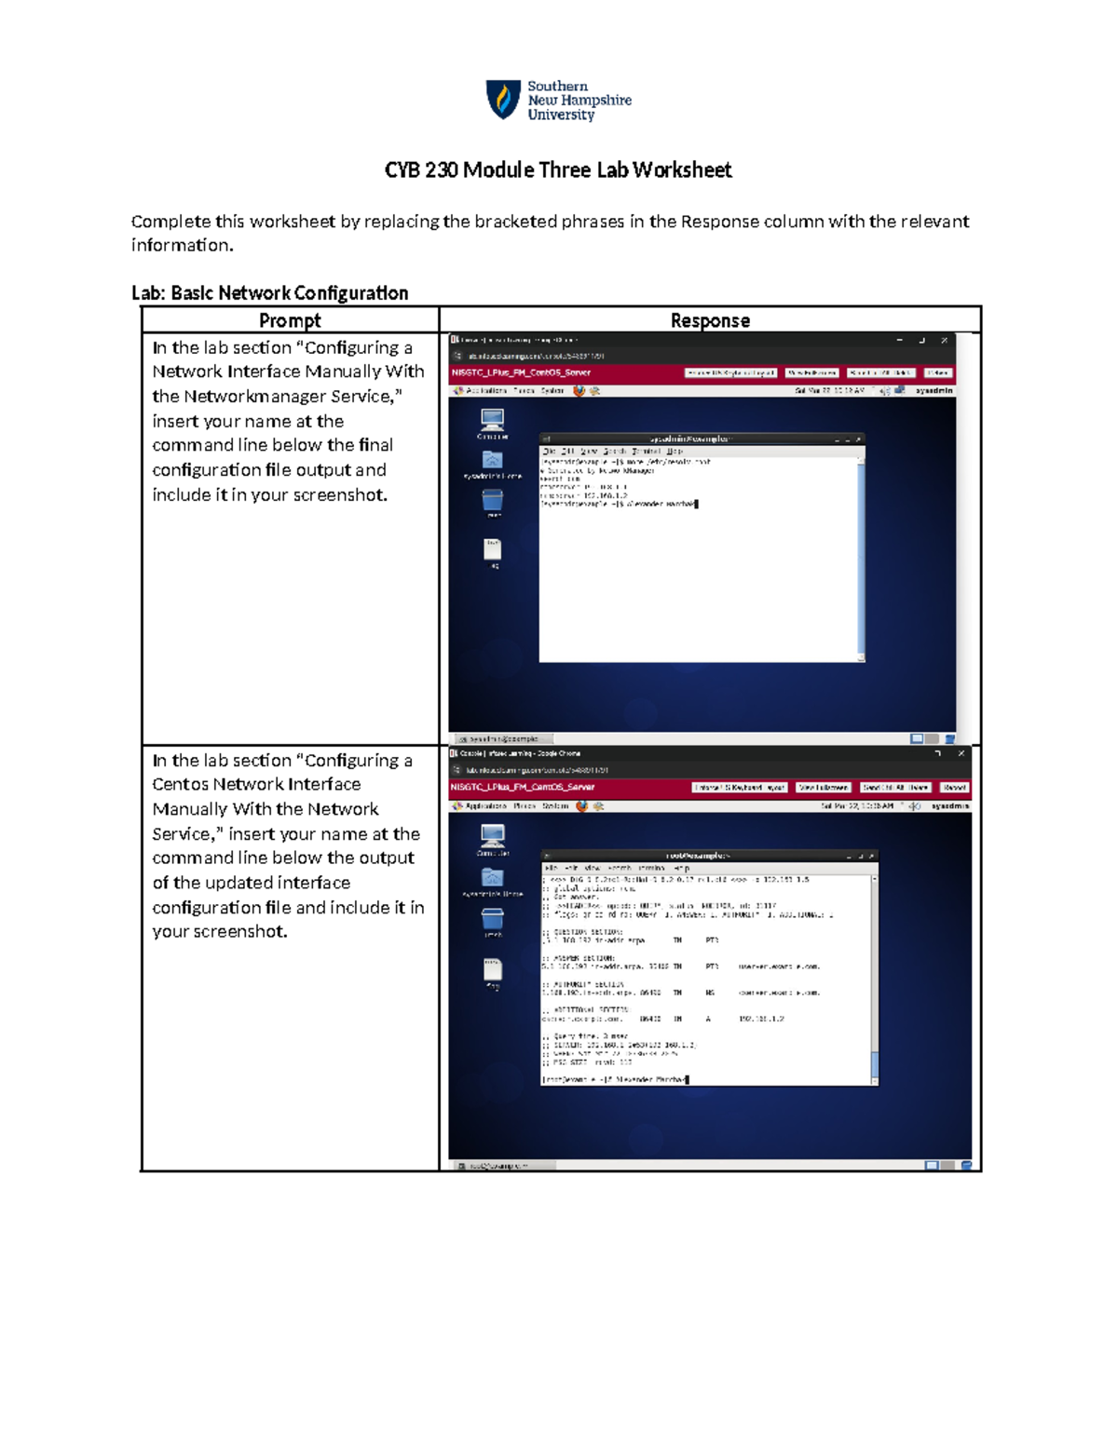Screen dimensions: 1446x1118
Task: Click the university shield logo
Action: (503, 99)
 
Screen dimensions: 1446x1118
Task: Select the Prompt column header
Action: (290, 320)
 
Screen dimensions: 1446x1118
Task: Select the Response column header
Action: (710, 320)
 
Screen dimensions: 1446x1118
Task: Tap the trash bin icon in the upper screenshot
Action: (493, 501)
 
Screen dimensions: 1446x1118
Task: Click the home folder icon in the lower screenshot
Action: (493, 877)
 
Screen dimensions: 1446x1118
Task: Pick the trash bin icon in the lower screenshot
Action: (493, 918)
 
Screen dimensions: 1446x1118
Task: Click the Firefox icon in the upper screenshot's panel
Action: (579, 391)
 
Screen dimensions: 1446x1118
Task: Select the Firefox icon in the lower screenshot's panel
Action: (581, 806)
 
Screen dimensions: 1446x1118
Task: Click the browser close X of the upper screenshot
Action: (945, 341)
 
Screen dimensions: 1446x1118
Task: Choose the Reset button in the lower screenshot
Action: (954, 788)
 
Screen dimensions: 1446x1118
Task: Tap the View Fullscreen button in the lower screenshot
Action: (823, 788)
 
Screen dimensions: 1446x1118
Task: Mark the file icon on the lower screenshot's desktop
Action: (493, 970)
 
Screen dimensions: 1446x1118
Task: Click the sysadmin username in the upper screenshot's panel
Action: (934, 391)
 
